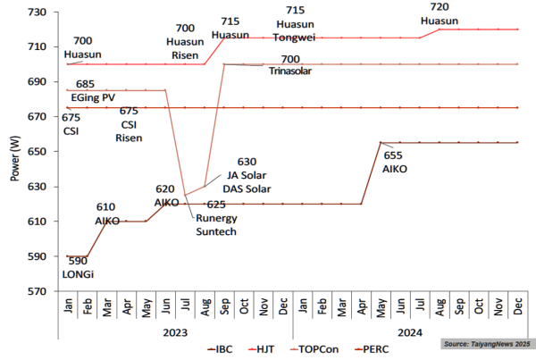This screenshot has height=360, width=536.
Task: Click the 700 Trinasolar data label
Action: pos(289,64)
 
